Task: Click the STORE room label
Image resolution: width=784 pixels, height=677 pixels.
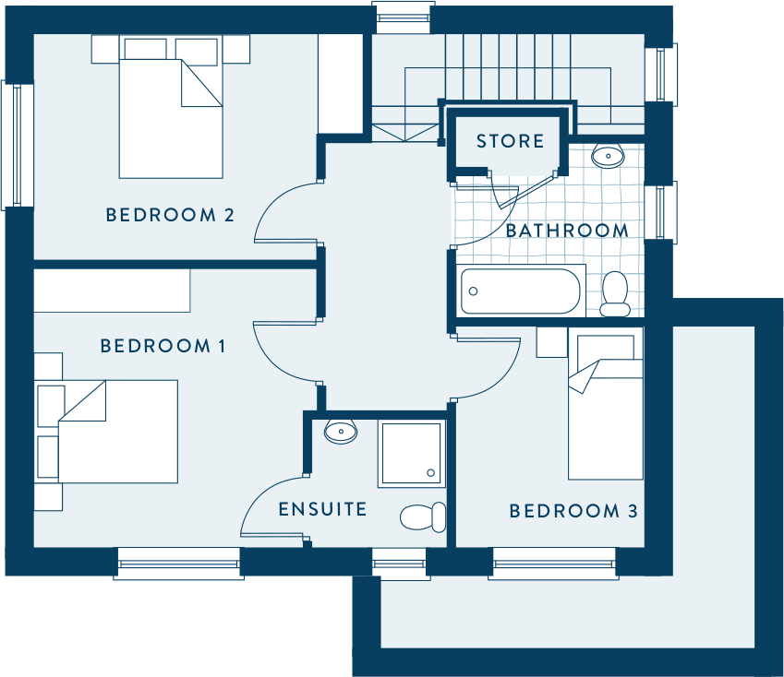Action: click(510, 141)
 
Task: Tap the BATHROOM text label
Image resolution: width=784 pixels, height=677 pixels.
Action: click(568, 231)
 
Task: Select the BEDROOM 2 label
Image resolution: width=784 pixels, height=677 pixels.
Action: click(170, 215)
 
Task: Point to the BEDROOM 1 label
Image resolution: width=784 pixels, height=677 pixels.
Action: click(163, 346)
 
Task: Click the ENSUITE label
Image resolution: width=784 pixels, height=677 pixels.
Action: click(322, 509)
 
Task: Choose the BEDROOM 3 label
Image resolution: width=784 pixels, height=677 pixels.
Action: click(573, 511)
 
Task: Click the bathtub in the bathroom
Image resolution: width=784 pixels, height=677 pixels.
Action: click(521, 291)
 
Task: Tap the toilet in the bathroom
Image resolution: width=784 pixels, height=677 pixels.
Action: click(614, 294)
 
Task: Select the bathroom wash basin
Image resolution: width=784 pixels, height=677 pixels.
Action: click(608, 156)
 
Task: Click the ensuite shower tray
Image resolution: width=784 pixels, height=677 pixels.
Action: click(412, 454)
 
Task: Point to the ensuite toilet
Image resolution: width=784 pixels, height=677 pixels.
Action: click(423, 517)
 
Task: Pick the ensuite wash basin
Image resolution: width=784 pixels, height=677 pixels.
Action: click(341, 432)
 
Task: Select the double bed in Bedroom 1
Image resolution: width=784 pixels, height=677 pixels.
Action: click(118, 432)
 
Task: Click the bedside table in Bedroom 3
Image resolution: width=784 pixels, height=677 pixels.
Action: click(552, 342)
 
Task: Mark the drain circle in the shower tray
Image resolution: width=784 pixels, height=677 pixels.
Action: click(430, 473)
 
